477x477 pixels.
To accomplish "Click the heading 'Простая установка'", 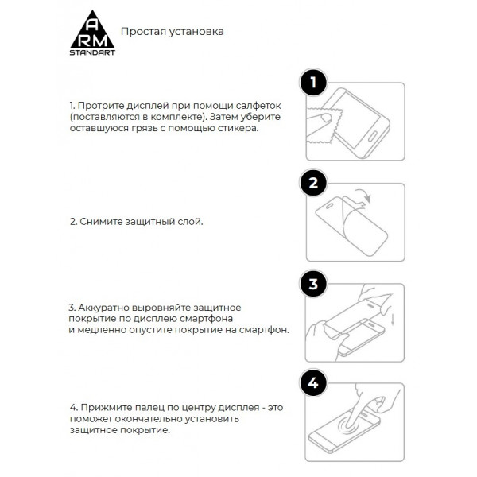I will pos(172,32).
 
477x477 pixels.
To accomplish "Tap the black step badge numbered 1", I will pos(314,83).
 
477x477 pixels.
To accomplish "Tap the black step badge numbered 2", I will pos(314,184).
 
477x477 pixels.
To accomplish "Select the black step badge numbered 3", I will pos(314,284).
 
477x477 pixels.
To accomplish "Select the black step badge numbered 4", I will pos(314,383).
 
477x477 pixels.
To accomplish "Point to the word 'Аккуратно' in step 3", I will pos(103,307).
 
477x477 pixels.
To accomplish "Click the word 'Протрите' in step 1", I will pos(100,105).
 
